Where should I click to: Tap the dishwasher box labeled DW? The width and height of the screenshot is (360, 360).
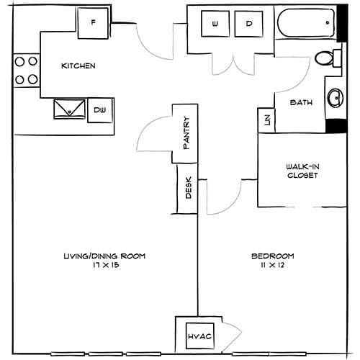click(99, 111)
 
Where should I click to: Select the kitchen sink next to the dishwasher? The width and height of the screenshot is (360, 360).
click(68, 109)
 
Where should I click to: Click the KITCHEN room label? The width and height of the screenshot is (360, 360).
click(78, 66)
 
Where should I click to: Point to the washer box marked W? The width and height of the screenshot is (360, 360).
click(215, 24)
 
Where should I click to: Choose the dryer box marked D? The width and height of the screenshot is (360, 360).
click(249, 24)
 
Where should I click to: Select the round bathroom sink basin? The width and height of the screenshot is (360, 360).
click(335, 96)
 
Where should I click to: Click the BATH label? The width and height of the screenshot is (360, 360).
click(300, 103)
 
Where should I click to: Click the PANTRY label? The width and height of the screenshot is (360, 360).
click(186, 132)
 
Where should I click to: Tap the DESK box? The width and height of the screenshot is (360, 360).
click(188, 189)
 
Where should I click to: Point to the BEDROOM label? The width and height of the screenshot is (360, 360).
click(272, 256)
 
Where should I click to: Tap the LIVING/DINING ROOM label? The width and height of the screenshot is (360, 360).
click(104, 256)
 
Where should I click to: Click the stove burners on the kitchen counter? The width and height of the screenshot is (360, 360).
click(26, 71)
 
